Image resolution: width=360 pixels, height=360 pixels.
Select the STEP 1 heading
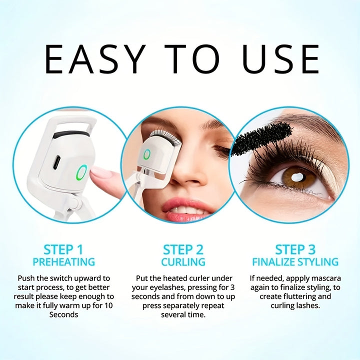tap(63, 249)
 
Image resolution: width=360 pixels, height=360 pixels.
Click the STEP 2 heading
tap(183, 249)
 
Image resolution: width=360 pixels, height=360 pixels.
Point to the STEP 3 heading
tap(295, 249)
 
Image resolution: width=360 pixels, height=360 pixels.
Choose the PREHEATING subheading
tap(63, 262)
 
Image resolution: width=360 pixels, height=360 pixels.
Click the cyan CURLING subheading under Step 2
tap(183, 262)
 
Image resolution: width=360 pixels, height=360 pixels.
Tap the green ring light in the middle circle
tap(146, 155)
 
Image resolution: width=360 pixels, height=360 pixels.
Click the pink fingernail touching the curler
tap(101, 172)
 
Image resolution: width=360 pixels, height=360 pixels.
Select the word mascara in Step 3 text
tap(325, 278)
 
